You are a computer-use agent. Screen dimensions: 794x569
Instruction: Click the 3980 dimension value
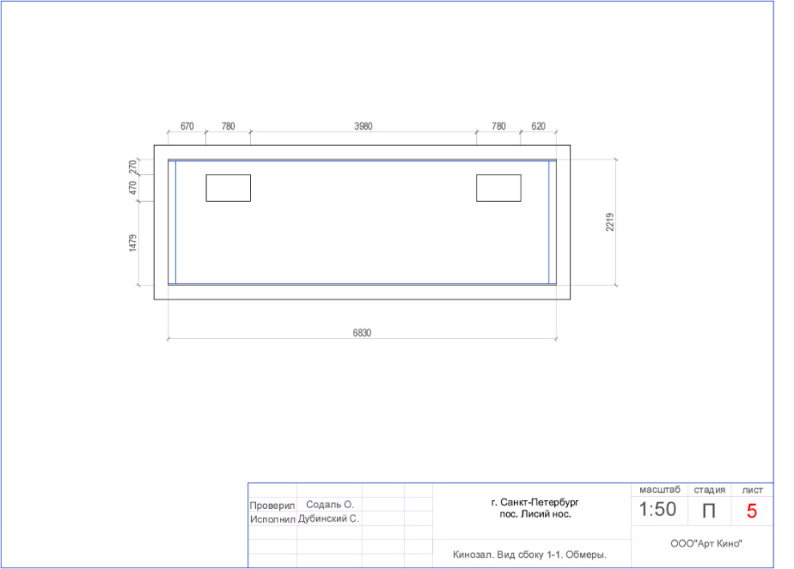(x=363, y=126)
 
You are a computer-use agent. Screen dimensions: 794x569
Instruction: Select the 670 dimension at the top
(x=187, y=126)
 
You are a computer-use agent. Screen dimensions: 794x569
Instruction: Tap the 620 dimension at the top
(x=538, y=126)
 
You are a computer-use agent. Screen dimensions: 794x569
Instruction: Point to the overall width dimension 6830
(x=362, y=333)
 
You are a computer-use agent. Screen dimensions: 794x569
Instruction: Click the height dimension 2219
(x=610, y=222)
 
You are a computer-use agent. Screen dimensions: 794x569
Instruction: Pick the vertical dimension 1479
(x=132, y=243)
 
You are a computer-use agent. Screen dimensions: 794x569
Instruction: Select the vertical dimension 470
(x=132, y=188)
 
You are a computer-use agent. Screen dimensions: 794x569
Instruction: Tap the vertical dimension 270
(x=132, y=167)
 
